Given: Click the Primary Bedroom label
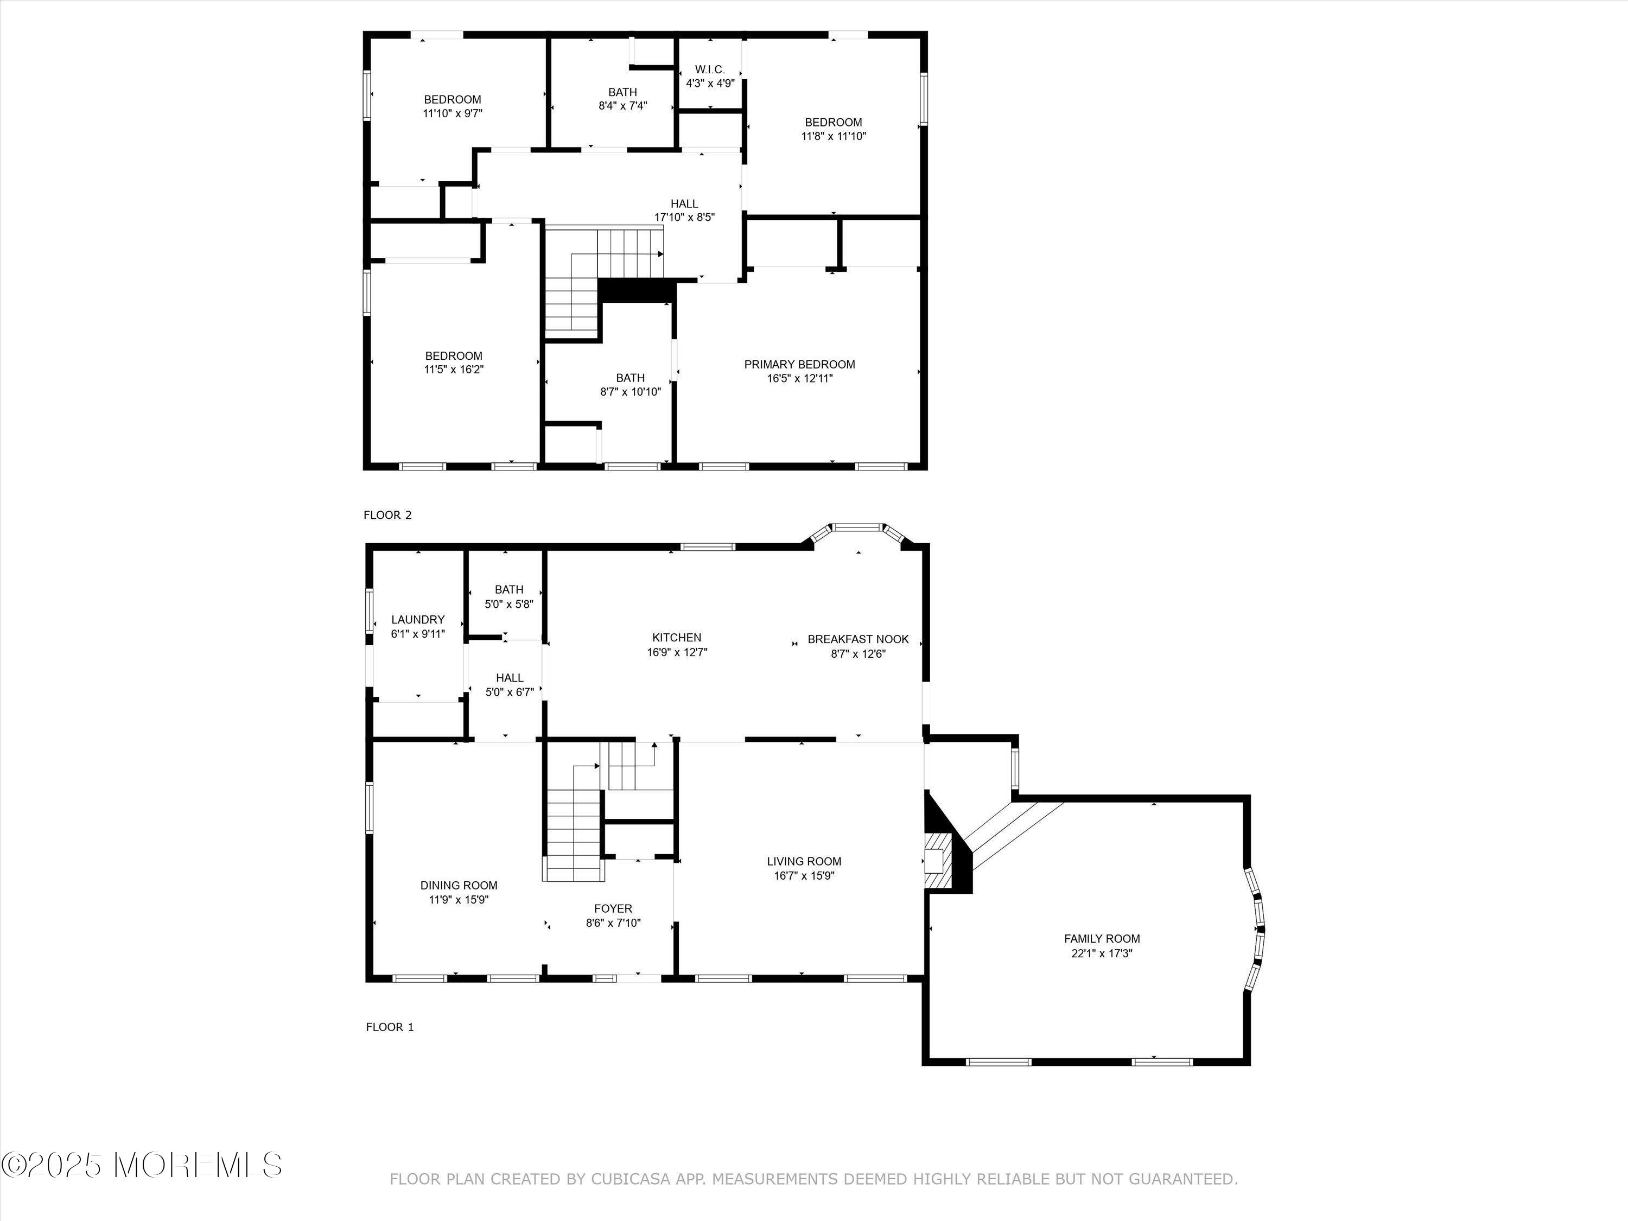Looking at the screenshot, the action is [799, 364].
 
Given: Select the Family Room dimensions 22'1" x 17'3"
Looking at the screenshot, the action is [1102, 953].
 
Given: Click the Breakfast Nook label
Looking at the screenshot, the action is [858, 639].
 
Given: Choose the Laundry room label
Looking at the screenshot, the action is [418, 620].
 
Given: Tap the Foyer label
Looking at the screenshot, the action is [613, 909].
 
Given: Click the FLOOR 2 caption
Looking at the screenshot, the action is [388, 515].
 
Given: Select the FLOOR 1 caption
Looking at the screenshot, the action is [390, 1027].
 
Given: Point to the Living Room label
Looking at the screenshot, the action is [804, 861].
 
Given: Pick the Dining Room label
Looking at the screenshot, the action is [459, 886].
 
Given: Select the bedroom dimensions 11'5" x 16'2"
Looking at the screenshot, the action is [453, 370].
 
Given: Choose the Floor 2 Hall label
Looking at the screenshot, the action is [684, 204].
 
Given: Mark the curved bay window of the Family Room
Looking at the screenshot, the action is [1256, 930].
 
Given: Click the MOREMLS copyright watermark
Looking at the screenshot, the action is [141, 1165].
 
